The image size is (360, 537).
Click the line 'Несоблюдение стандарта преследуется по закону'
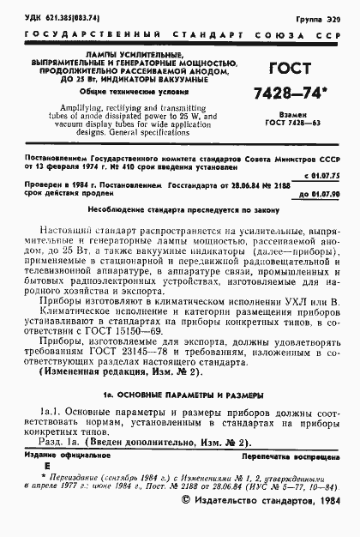(x=178, y=210)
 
